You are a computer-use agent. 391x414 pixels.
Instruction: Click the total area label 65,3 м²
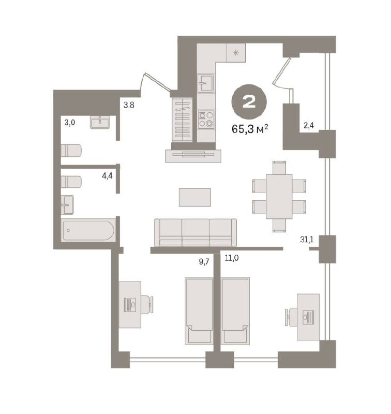pyautogui.click(x=250, y=129)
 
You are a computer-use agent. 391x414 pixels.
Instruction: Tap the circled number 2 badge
pyautogui.click(x=249, y=101)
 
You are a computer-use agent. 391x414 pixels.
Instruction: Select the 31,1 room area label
pyautogui.click(x=307, y=239)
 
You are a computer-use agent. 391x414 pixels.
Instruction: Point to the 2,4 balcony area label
pyautogui.click(x=308, y=125)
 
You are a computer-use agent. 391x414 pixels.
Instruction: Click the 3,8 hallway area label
pyautogui.click(x=129, y=106)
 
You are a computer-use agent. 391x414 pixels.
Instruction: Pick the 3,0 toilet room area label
pyautogui.click(x=70, y=123)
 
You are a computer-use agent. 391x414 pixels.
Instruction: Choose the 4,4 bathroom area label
pyautogui.click(x=107, y=175)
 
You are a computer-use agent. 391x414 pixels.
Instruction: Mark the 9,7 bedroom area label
pyautogui.click(x=204, y=262)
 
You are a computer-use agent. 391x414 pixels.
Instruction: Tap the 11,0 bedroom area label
pyautogui.click(x=232, y=258)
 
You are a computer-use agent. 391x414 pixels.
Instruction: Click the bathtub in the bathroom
pyautogui.click(x=88, y=230)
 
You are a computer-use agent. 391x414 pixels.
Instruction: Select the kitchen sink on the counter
pyautogui.click(x=206, y=83)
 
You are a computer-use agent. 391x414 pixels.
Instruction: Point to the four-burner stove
pyautogui.click(x=206, y=120)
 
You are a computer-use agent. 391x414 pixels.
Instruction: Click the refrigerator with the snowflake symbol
pyautogui.click(x=236, y=53)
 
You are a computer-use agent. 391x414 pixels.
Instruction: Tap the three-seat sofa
pyautogui.click(x=195, y=232)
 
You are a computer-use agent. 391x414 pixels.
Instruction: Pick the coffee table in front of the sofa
pyautogui.click(x=195, y=197)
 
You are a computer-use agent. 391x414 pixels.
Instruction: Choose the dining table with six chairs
pyautogui.click(x=279, y=197)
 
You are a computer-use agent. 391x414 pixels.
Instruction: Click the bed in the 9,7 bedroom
pyautogui.click(x=199, y=312)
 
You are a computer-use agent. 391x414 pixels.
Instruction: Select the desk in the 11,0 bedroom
pyautogui.click(x=308, y=317)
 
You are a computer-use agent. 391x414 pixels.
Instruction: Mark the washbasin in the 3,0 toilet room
pyautogui.click(x=100, y=122)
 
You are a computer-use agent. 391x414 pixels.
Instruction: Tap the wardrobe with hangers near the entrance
pyautogui.click(x=182, y=120)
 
